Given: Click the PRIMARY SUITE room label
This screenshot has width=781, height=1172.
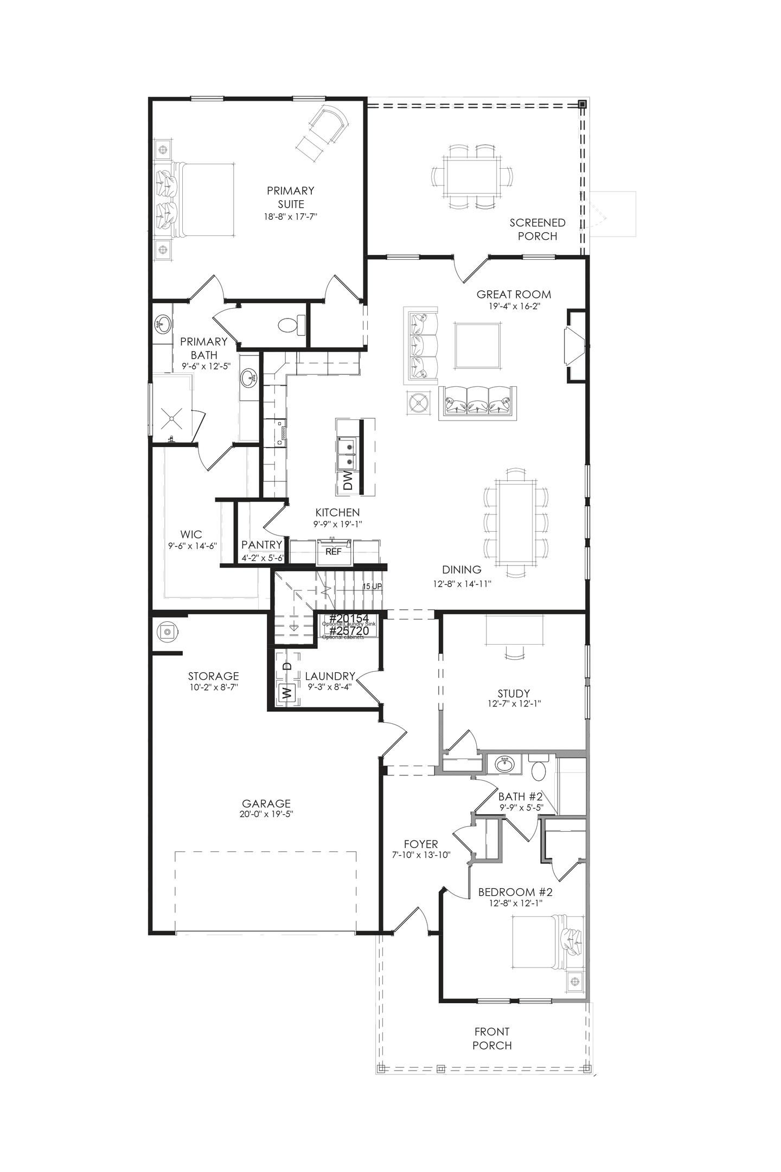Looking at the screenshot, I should pos(290,197).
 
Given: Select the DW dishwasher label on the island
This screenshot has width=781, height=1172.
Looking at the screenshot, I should pos(348,481).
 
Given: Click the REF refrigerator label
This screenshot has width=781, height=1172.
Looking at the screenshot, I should pos(334,551).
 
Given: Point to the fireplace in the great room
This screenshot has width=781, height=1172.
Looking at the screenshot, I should pos(574,346).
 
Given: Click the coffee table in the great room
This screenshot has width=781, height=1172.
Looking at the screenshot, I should pos(477,346).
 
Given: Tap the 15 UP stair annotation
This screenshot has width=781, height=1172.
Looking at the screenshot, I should pos(373,587).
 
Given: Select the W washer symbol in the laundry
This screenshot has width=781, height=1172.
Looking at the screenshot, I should pos(286,692).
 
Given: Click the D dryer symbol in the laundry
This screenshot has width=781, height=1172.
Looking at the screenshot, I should pos(287,666).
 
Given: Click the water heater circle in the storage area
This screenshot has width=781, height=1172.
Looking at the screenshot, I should pos(167,632).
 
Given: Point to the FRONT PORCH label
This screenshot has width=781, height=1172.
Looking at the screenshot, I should pos(492,1039).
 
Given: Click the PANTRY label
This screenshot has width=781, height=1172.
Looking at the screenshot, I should pos(262,544).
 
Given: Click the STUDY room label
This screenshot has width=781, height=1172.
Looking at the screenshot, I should pos(514,693).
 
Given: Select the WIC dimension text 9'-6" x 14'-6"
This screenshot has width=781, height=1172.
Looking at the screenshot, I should pos(192,546).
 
